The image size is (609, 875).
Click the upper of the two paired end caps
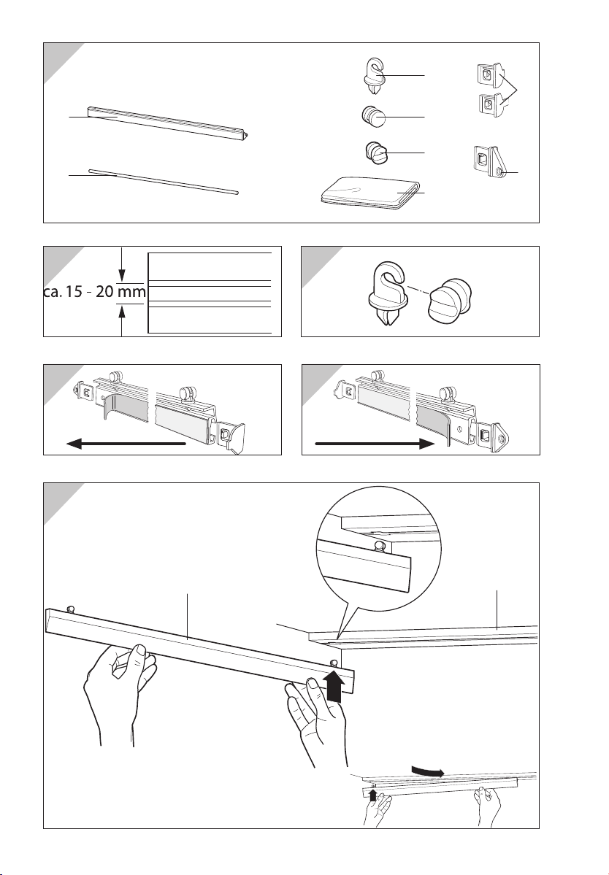click(x=489, y=74)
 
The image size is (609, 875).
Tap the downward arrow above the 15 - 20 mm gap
click(x=122, y=263)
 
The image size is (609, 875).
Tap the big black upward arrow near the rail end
click(x=333, y=686)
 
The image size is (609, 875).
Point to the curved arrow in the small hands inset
click(x=429, y=771)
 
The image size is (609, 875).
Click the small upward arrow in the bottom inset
click(x=373, y=795)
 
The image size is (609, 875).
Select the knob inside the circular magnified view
click(x=380, y=545)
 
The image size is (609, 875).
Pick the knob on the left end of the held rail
click(x=71, y=608)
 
